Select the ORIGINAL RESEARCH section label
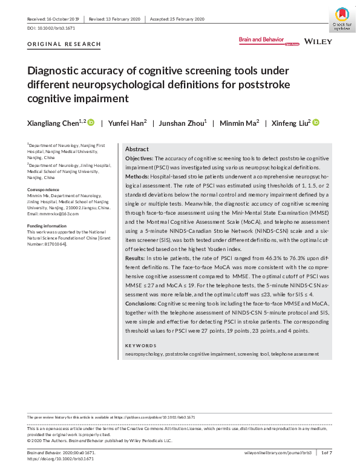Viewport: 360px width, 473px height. click(x=64, y=45)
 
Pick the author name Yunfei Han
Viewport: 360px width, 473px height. click(x=127, y=123)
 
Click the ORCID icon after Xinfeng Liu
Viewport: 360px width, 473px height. click(x=316, y=123)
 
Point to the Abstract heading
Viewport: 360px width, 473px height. click(x=137, y=149)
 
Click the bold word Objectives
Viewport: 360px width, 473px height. click(x=139, y=157)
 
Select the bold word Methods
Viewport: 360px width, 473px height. click(x=137, y=174)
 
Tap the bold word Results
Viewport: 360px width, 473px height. click(x=136, y=258)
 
